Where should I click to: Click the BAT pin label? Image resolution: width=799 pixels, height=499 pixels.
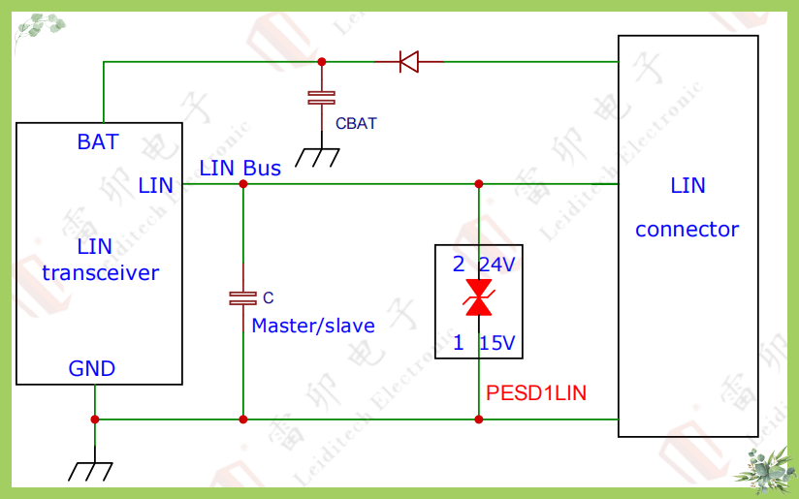(97, 141)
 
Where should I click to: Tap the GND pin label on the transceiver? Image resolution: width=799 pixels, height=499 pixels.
(92, 368)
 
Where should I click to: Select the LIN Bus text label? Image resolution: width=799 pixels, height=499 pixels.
(240, 168)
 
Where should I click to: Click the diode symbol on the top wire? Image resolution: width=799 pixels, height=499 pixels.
(408, 62)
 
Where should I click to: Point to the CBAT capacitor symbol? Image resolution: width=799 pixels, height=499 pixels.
(321, 97)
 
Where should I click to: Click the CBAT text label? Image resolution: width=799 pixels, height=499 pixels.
(356, 124)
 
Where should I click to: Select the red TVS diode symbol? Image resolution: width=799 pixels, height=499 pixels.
(479, 297)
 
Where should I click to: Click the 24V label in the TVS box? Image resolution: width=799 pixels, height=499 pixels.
(496, 265)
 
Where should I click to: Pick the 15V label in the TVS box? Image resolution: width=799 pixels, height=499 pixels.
(496, 342)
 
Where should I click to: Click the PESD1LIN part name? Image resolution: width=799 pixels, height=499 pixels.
(536, 393)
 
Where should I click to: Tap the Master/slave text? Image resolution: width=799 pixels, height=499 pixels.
(313, 326)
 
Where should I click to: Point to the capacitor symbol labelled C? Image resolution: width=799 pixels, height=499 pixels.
(242, 297)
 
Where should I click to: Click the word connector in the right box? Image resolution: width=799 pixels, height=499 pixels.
(687, 230)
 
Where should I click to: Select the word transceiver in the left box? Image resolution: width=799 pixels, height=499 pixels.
(100, 272)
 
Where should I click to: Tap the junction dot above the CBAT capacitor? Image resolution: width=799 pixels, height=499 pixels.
(322, 62)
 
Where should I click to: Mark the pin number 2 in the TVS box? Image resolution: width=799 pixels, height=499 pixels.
(459, 265)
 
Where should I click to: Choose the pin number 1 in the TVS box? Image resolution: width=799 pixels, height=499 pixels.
(459, 342)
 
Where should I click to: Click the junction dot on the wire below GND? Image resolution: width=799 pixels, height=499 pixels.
(95, 420)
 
